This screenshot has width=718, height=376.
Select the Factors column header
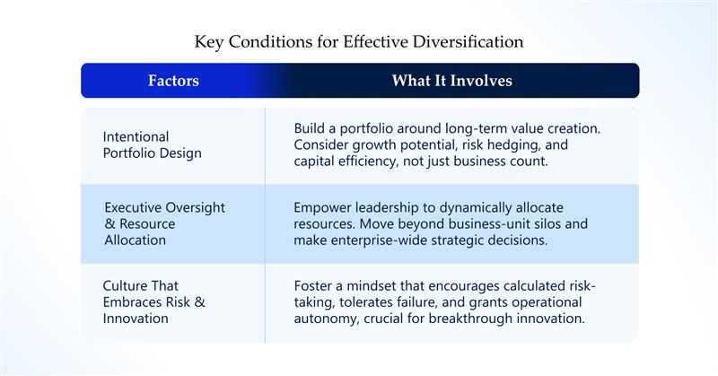(x=173, y=81)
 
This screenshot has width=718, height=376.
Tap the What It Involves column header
(x=452, y=81)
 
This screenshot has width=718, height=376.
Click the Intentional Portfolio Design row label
(x=152, y=144)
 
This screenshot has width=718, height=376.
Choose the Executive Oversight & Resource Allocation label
(x=165, y=223)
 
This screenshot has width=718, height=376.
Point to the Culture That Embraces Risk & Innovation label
(x=153, y=302)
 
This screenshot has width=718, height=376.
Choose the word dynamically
(x=475, y=208)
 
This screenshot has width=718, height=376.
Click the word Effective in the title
(x=375, y=41)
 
